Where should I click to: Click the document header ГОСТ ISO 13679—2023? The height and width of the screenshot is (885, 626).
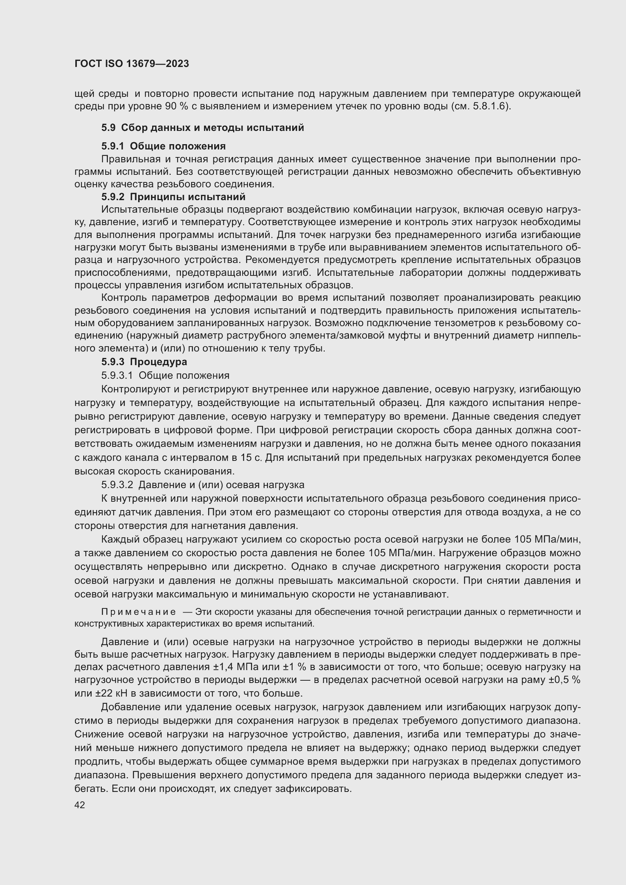pos(132,64)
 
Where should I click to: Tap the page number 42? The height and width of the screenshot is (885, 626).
pos(80,805)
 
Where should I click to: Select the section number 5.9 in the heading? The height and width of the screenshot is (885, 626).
pos(108,128)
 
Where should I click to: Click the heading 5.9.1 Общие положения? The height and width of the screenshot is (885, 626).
pos(164,146)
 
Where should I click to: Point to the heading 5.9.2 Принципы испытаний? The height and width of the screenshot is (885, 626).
pos(173,197)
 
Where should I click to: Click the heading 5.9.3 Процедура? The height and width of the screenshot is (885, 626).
pos(144,362)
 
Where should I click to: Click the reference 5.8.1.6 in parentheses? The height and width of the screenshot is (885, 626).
pos(488,106)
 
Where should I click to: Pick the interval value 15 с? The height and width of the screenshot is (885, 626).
pos(252,458)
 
